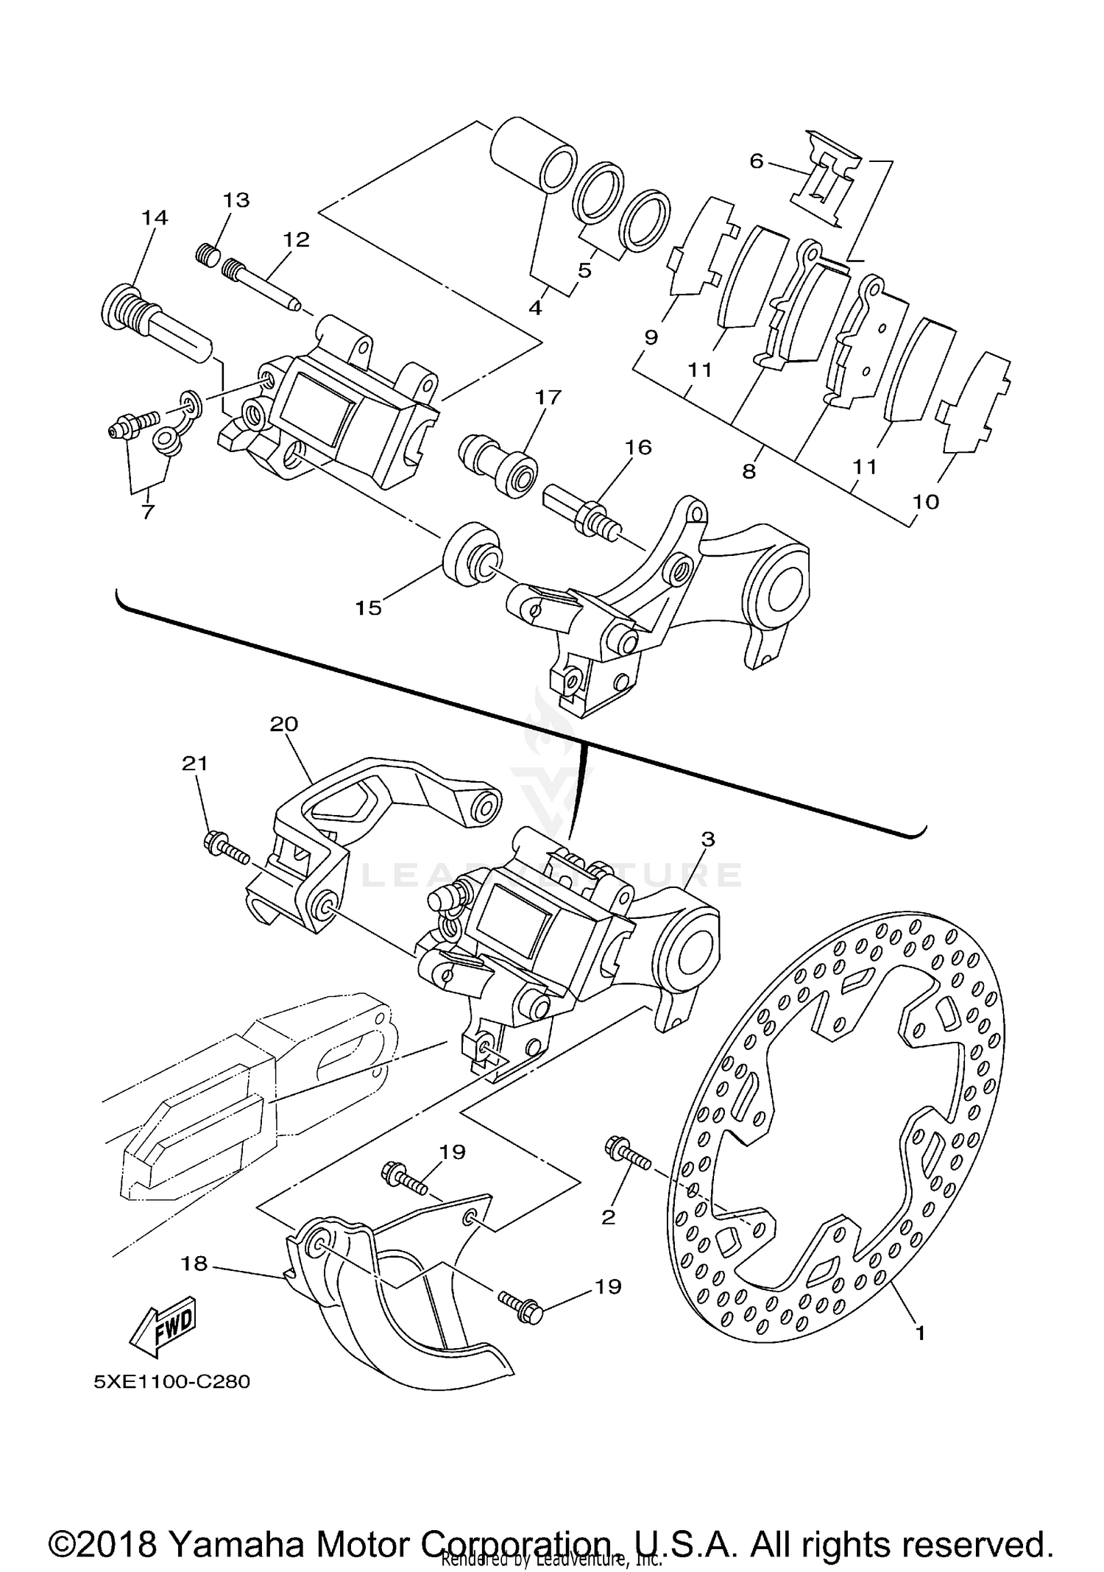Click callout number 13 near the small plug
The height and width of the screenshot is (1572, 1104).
236,200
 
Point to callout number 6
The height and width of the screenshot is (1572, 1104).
757,161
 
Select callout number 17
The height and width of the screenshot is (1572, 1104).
548,398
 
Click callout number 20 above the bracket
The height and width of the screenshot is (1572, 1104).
283,724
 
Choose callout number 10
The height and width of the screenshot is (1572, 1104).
926,502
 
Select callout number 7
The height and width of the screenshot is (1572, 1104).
147,512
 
